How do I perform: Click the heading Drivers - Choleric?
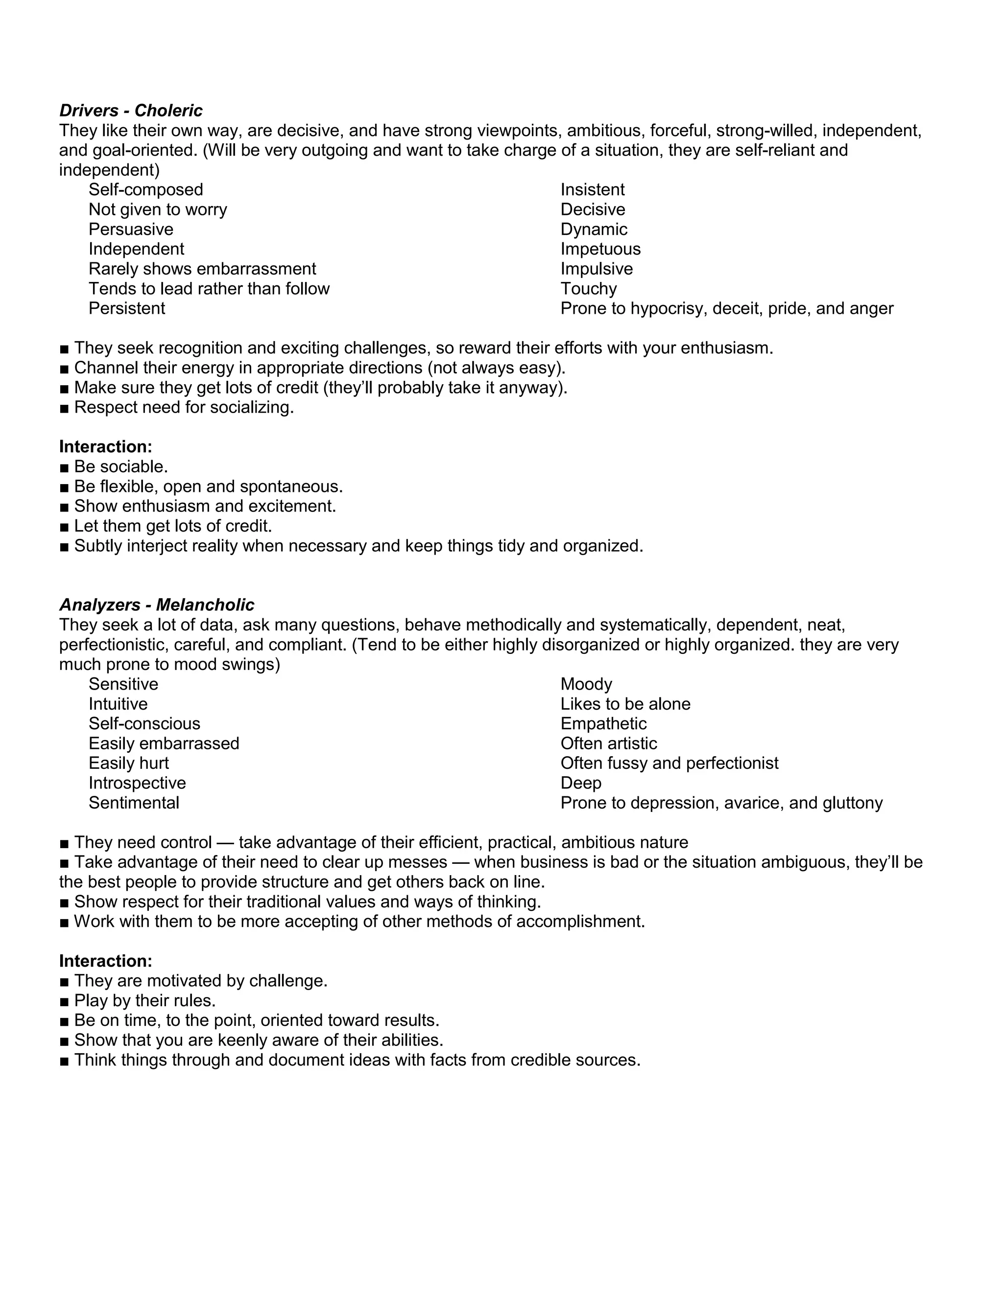coord(131,111)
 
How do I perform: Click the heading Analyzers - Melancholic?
coord(156,604)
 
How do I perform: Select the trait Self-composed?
coord(145,189)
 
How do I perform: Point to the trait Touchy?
coord(588,289)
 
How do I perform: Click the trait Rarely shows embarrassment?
coord(202,269)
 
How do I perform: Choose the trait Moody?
coord(586,684)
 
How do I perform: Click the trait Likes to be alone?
coord(625,704)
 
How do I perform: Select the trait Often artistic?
coord(608,743)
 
